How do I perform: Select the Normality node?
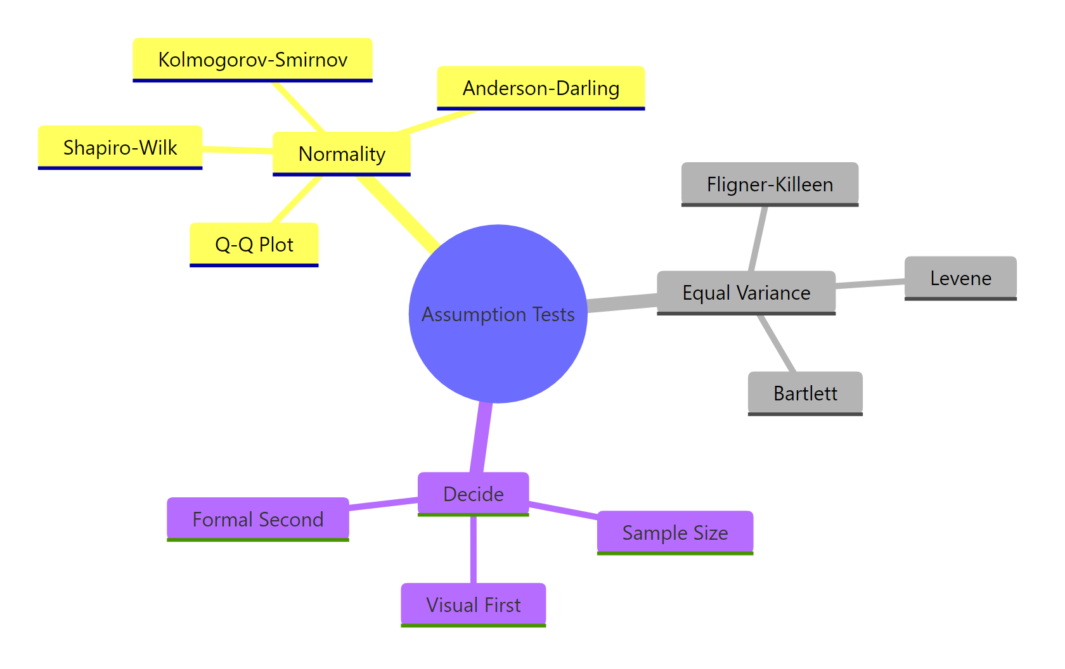[342, 154]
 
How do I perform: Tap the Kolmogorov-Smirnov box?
[252, 60]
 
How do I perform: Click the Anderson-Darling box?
[541, 88]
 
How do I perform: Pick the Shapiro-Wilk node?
[120, 148]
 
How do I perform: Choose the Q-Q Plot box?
[254, 245]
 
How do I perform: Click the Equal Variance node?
[746, 293]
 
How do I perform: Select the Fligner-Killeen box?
[770, 184]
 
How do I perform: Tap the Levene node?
[960, 278]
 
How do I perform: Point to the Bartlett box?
[805, 393]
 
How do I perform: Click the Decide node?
[473, 494]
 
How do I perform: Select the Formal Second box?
[258, 519]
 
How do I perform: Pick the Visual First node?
[473, 605]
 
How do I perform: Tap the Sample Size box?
[675, 533]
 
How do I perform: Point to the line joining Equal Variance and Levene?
[870, 284]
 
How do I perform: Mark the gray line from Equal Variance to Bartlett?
[777, 343]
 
